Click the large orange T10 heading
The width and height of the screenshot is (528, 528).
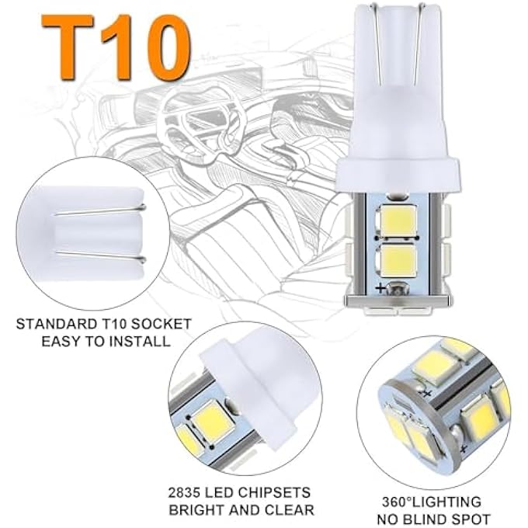pyautogui.click(x=114, y=49)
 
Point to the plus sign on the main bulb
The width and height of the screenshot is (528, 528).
pyautogui.click(x=380, y=288)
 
